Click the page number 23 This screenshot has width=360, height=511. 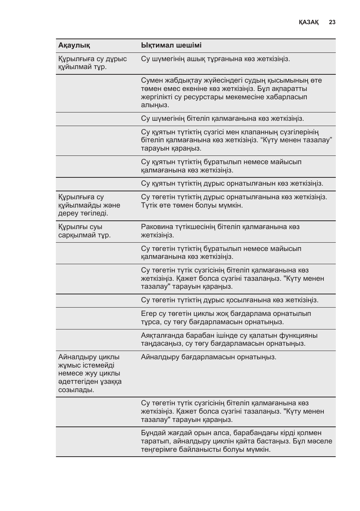[x=332, y=22]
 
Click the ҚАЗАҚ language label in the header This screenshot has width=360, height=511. [x=308, y=22]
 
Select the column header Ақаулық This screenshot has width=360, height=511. [x=74, y=45]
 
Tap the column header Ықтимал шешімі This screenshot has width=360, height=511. [x=171, y=45]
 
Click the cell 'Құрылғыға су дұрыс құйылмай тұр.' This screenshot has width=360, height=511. [x=92, y=63]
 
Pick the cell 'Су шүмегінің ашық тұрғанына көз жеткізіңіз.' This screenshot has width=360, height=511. [x=215, y=59]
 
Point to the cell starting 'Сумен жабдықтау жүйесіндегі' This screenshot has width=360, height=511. [x=231, y=93]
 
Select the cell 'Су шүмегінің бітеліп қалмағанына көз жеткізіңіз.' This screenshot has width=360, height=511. [x=222, y=119]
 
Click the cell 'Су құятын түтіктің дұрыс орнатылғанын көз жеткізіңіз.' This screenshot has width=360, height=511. [x=232, y=183]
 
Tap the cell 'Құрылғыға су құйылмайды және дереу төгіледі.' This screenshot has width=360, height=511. [x=89, y=205]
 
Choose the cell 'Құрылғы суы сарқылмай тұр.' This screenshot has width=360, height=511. [x=85, y=231]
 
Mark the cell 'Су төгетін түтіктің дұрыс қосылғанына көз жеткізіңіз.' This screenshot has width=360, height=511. [x=229, y=300]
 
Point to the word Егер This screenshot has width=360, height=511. [x=149, y=314]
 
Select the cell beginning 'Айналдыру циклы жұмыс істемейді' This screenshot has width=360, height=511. [x=90, y=373]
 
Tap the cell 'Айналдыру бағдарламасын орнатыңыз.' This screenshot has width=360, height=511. [x=208, y=357]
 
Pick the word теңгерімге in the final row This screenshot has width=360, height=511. [x=159, y=449]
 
